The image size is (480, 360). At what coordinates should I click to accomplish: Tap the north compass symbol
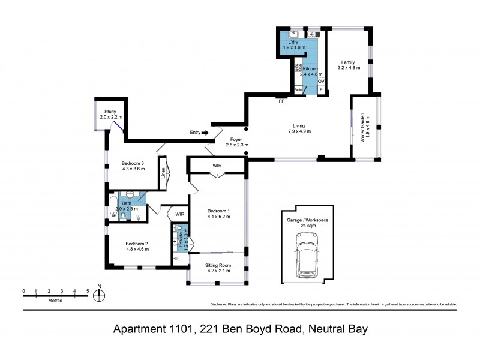[100, 295]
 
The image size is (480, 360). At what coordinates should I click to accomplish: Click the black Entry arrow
[205, 133]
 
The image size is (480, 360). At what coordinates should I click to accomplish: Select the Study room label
[110, 112]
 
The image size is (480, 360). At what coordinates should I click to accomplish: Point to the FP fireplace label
[281, 101]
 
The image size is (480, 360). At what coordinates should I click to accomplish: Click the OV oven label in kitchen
[321, 81]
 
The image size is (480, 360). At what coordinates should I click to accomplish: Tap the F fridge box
[321, 90]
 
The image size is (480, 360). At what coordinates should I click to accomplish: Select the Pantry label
[299, 90]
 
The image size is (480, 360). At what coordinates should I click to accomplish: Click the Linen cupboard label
[163, 172]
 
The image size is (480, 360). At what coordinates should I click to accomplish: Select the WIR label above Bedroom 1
[217, 165]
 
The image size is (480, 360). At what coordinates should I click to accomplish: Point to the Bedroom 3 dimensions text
[134, 169]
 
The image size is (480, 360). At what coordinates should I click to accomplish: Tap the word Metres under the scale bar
[56, 301]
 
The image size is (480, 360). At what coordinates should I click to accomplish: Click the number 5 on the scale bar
[88, 291]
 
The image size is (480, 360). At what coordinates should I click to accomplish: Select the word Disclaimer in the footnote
[221, 304]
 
